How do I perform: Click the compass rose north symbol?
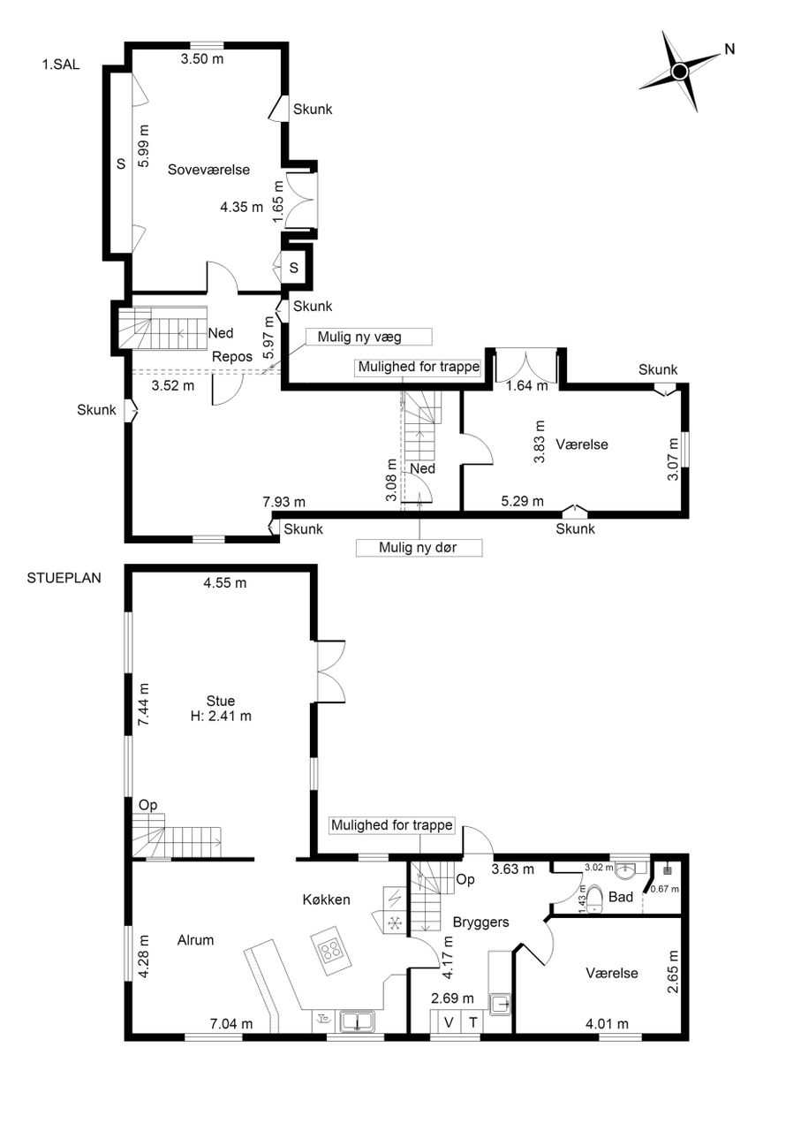680,72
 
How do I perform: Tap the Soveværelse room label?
208,170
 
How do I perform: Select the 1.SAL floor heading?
61,65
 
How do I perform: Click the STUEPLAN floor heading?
64,578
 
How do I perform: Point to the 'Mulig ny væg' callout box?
368,337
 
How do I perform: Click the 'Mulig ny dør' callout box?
419,547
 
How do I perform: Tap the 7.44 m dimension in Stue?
144,704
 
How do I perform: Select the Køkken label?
326,899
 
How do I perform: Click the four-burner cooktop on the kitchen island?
332,953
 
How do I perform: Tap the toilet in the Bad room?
595,899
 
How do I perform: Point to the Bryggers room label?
480,922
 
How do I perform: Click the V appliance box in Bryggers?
449,1023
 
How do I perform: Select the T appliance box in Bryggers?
473,1023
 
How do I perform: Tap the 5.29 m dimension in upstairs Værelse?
523,501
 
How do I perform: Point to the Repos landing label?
232,357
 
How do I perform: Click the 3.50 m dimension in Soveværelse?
202,59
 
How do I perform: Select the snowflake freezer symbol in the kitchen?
394,923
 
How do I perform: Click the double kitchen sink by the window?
357,1021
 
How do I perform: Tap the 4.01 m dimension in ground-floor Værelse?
608,1024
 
